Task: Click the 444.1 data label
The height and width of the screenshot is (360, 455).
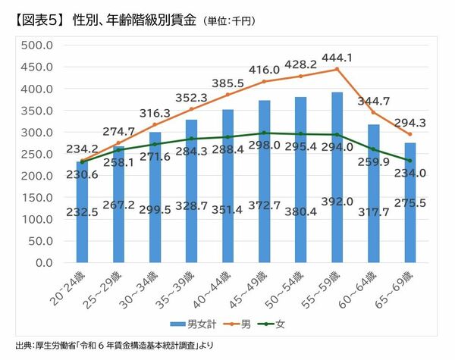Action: coord(337,58)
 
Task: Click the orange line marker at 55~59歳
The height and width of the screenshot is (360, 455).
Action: coord(337,69)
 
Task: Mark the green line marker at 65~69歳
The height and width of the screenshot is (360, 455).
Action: coord(410,161)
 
